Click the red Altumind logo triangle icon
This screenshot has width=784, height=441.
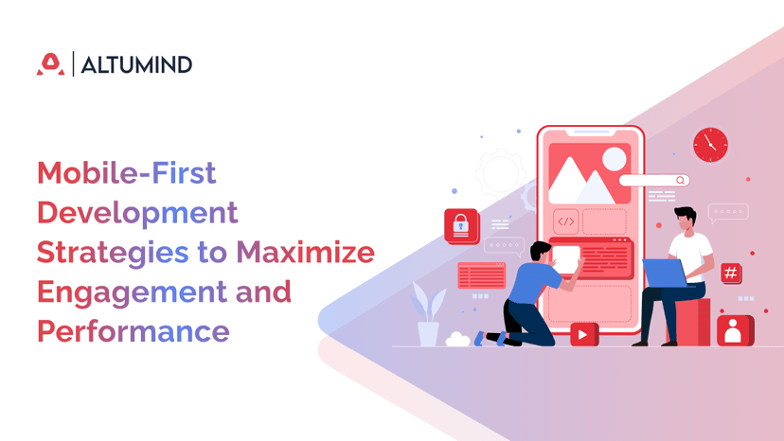(x=50, y=64)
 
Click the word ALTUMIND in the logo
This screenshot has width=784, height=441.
(x=136, y=64)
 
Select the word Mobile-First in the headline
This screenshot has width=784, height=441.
(x=127, y=174)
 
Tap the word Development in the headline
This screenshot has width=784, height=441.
(x=137, y=213)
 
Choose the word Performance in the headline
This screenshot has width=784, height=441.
(x=133, y=331)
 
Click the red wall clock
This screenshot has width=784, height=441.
(x=710, y=145)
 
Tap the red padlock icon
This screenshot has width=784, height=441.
(x=461, y=225)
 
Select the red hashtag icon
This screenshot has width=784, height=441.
(x=730, y=273)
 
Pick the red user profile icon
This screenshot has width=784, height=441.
(x=734, y=330)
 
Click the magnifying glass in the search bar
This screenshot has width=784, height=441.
(x=680, y=180)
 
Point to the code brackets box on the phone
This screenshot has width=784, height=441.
(x=565, y=221)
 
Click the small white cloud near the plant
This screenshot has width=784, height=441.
(x=458, y=338)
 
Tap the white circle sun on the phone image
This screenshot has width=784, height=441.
(x=615, y=158)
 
